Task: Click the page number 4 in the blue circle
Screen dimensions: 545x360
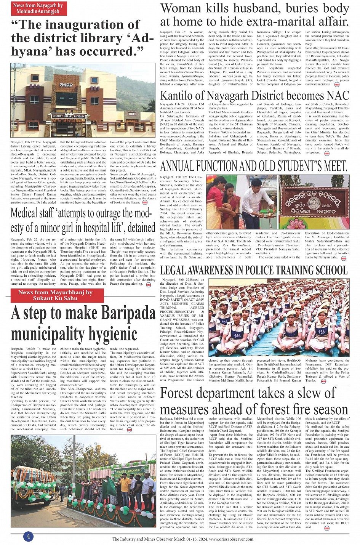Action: [x=28, y=536]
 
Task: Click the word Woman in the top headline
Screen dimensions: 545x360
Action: [x=181, y=8]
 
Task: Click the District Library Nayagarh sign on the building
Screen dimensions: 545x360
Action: [x=69, y=116]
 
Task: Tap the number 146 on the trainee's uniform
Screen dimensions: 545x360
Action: [x=238, y=336]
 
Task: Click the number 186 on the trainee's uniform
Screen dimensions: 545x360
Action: [x=322, y=332]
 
